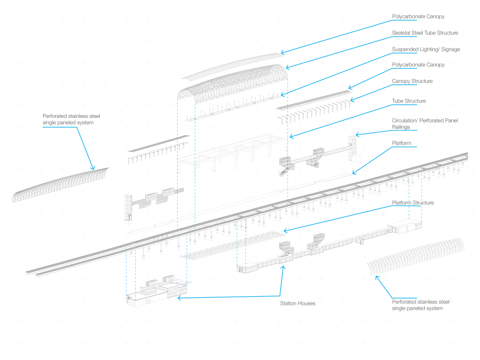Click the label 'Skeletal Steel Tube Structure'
tap(425, 33)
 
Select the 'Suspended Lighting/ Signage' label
tap(426, 49)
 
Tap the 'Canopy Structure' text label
tap(412, 81)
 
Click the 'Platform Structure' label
tap(413, 203)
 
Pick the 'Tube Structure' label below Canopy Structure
tap(409, 101)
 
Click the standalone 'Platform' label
tap(403, 143)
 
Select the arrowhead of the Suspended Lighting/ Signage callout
tap(283, 95)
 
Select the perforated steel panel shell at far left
tap(60, 184)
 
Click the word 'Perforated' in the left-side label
tap(56, 116)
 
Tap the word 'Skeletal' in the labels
tap(401, 33)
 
